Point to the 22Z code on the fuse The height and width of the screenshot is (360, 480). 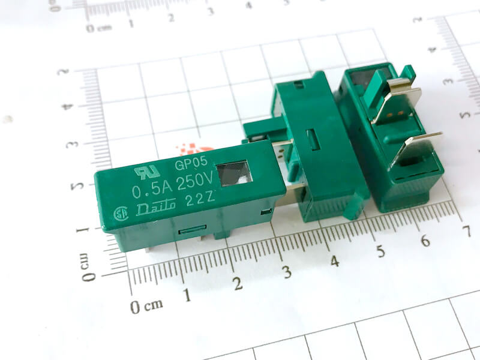click(x=200, y=199)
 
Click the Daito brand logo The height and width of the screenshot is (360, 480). click(x=156, y=208)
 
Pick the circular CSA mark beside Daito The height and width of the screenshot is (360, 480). click(x=121, y=214)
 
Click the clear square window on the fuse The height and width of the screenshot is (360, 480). click(x=234, y=173)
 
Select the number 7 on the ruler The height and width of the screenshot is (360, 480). click(x=467, y=231)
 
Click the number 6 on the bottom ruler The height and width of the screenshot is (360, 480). click(x=425, y=241)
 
